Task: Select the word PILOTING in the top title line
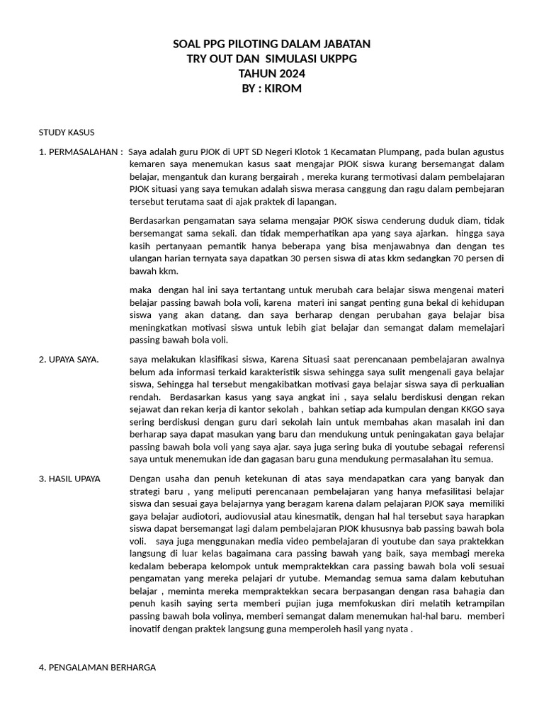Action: pos(253,44)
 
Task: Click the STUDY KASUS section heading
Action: pos(67,132)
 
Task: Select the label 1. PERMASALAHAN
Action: pos(79,152)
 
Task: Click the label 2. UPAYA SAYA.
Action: pos(69,360)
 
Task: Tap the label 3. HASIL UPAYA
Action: pos(69,479)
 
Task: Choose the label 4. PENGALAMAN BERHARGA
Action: pos(97,667)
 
